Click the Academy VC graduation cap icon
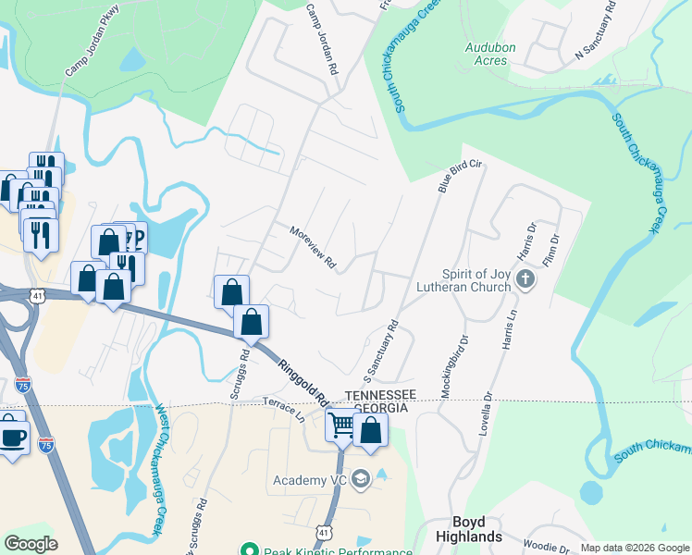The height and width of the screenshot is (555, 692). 361,479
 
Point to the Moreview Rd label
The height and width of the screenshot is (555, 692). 312,248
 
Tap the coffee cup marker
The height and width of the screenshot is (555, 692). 13,437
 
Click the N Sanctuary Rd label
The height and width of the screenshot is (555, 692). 595,38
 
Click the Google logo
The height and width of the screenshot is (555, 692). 31,543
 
